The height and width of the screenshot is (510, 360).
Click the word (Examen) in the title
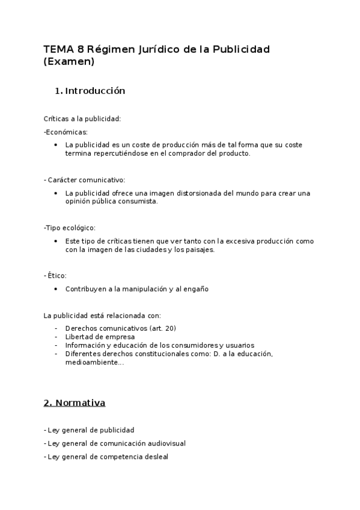coord(70,61)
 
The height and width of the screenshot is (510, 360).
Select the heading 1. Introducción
coord(90,91)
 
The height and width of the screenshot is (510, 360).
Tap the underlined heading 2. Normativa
coord(75,403)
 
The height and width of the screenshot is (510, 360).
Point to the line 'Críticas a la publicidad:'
coord(82,118)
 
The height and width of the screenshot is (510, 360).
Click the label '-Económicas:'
coord(66,132)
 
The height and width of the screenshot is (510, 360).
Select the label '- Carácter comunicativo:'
coord(84,180)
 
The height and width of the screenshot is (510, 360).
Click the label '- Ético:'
coord(55,275)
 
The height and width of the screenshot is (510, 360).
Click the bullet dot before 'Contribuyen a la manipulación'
coord(55,289)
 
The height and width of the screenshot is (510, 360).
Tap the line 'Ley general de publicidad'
coord(91,430)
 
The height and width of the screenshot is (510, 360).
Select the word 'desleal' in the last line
coord(155,457)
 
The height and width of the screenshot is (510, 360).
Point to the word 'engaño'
coord(195,289)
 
